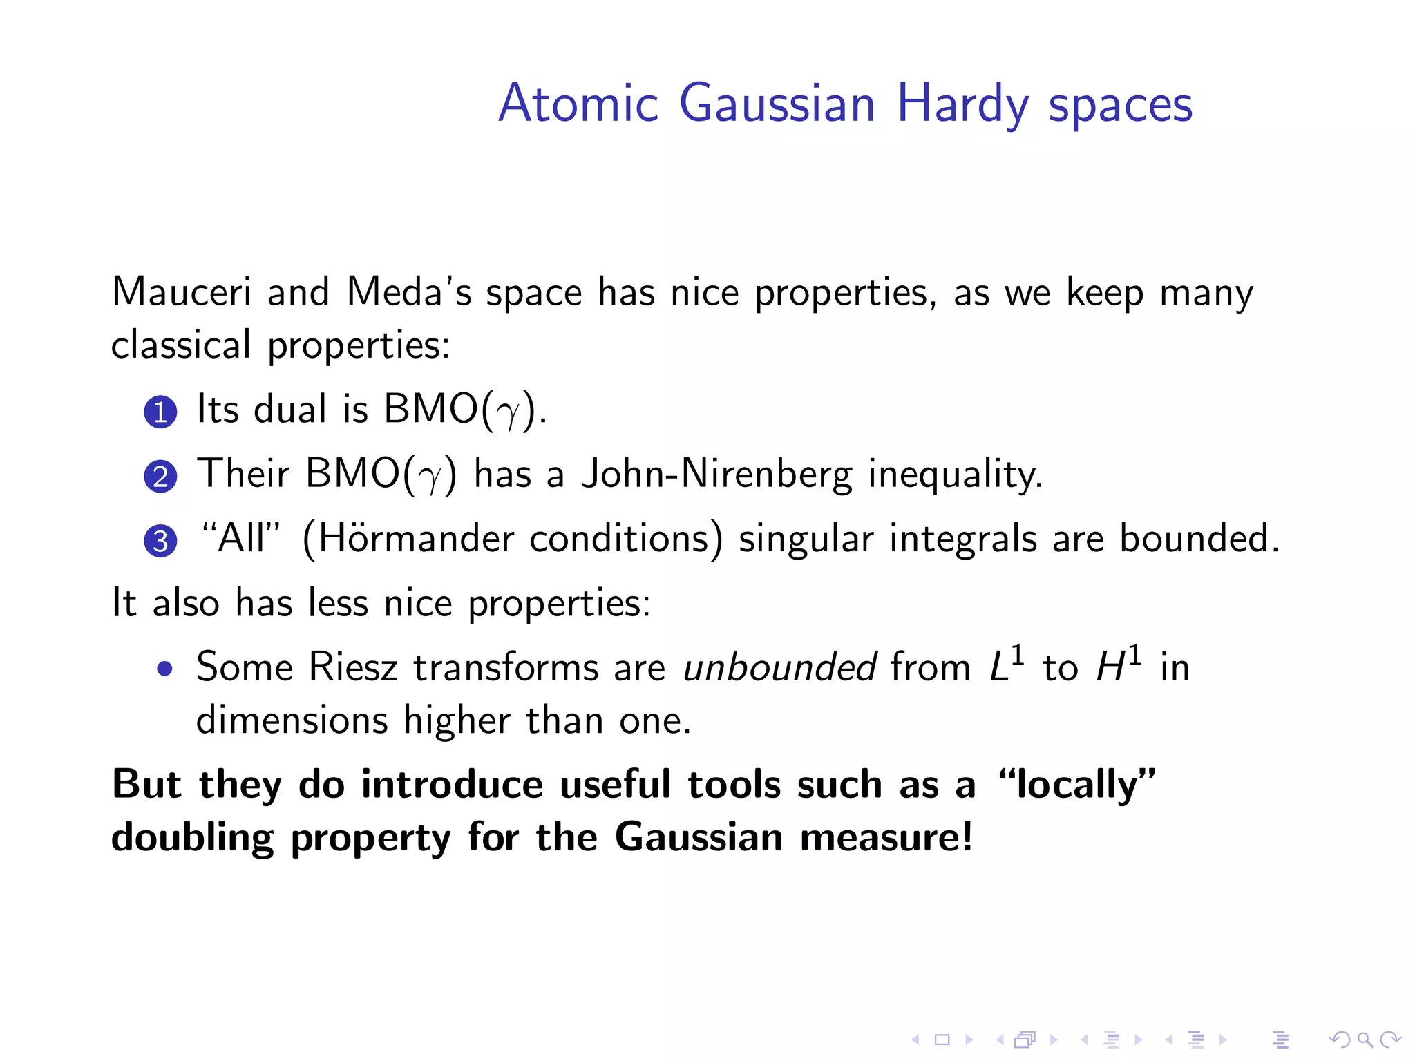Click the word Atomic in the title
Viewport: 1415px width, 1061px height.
(x=578, y=104)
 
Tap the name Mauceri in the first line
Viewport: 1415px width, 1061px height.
(x=181, y=291)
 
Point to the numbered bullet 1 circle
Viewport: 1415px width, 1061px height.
(x=160, y=412)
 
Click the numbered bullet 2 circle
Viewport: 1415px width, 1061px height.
(x=160, y=477)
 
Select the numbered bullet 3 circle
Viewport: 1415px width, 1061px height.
(x=160, y=541)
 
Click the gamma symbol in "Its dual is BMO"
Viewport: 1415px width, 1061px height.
(x=509, y=413)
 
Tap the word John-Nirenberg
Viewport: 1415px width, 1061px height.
(x=717, y=475)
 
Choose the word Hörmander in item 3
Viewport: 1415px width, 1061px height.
(x=417, y=539)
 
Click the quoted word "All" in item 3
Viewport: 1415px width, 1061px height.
(x=240, y=538)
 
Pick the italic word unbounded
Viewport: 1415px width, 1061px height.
(x=779, y=667)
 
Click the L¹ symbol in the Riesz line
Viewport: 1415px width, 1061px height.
(x=1006, y=665)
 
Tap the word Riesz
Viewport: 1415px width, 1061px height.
(x=353, y=667)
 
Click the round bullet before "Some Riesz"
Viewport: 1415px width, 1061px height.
(x=164, y=669)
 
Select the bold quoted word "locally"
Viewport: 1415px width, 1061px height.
(x=1076, y=785)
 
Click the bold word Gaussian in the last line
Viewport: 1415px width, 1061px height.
(x=699, y=837)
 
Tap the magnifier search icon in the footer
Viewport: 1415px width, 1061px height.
(x=1364, y=1039)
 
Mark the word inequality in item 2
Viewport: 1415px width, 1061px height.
(x=955, y=475)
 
